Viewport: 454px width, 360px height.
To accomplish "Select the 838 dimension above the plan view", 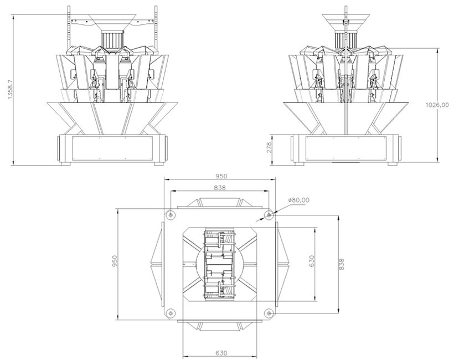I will (x=220, y=188).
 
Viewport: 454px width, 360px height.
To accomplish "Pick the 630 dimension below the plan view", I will (x=220, y=352).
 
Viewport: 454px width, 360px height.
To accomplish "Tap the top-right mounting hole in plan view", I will (x=268, y=214).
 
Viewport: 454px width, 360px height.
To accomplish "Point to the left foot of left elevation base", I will (x=65, y=163).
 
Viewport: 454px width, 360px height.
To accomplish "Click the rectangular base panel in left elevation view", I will (x=111, y=148).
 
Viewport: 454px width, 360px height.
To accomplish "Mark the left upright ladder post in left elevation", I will (x=68, y=25).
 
